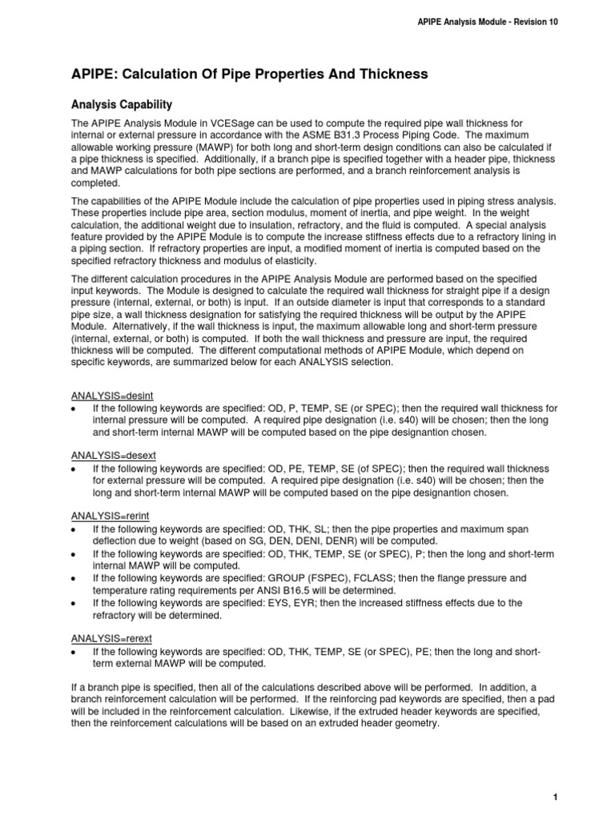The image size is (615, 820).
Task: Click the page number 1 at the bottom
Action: (x=554, y=797)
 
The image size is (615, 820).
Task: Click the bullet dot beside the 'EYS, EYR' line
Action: (x=74, y=602)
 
